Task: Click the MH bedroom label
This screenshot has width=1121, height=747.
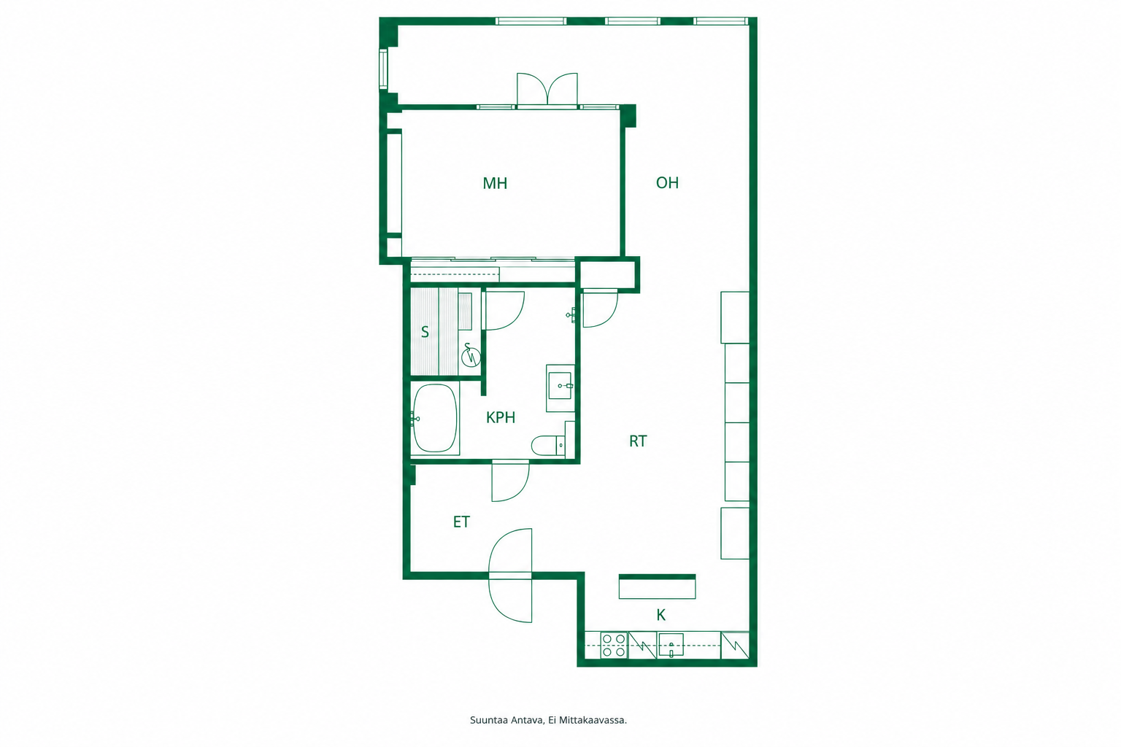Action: tap(495, 183)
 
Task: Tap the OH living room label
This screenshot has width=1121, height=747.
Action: tap(667, 182)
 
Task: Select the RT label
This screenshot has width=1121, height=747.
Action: tap(638, 441)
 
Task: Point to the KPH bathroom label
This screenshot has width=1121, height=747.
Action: tap(501, 417)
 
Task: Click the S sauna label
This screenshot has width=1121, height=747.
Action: tap(425, 332)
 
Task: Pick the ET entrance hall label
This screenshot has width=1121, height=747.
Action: tap(461, 522)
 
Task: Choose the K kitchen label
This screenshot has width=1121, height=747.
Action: tap(661, 615)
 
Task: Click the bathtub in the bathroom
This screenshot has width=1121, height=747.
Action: tap(435, 418)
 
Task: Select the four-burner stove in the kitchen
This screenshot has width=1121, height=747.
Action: tap(614, 646)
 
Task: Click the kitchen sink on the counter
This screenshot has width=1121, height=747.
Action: tap(671, 645)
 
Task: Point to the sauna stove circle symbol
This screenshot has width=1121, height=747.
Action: tap(471, 357)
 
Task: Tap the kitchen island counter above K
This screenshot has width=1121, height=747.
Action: tap(657, 587)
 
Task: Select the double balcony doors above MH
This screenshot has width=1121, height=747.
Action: tap(547, 90)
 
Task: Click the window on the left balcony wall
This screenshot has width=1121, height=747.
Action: tap(383, 69)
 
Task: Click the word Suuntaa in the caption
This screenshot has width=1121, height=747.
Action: tap(489, 721)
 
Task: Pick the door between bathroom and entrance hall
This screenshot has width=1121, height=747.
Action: tap(510, 481)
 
